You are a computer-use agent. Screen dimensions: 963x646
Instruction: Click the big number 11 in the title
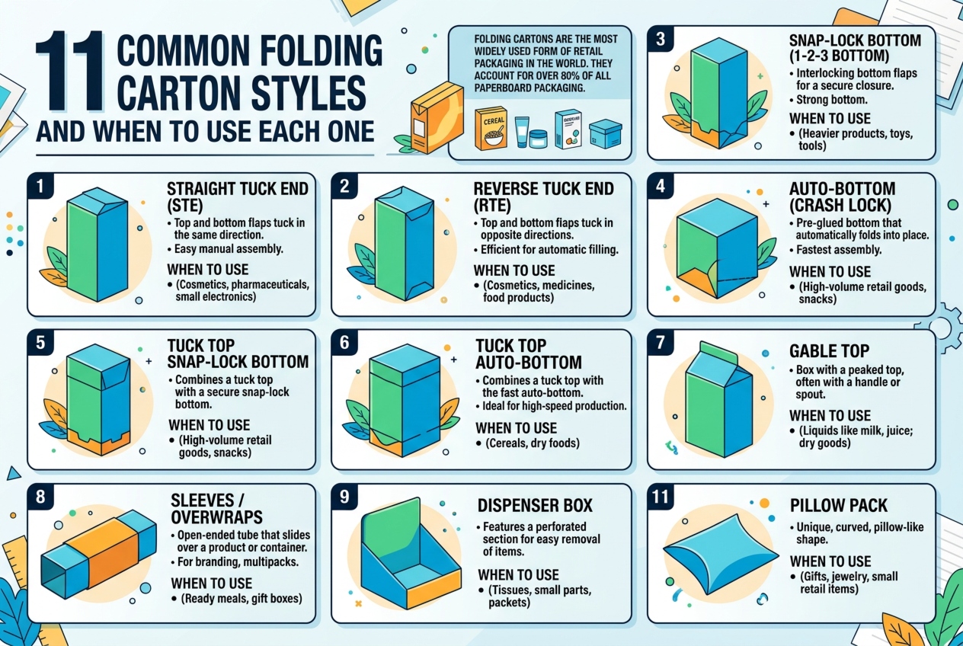(x=69, y=71)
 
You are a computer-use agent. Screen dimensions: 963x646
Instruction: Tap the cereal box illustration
(x=491, y=128)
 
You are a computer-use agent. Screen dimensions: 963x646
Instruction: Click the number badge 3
(x=661, y=39)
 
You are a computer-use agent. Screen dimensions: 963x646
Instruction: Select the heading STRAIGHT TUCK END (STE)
(x=237, y=197)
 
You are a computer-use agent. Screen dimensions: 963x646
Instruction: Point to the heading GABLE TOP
(x=830, y=351)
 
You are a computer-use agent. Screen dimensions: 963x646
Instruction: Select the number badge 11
(x=661, y=497)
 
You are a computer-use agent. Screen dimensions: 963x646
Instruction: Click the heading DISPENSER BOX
(x=535, y=506)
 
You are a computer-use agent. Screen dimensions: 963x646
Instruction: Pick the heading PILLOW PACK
(x=838, y=506)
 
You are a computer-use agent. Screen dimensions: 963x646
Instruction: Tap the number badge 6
(x=344, y=343)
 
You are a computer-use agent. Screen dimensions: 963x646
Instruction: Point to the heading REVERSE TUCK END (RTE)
(x=543, y=197)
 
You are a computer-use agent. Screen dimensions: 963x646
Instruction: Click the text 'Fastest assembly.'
(x=839, y=250)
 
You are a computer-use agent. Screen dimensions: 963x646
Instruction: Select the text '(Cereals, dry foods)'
(x=533, y=443)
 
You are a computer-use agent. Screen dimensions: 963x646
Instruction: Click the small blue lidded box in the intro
(x=606, y=133)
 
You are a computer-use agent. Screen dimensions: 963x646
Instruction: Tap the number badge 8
(x=40, y=497)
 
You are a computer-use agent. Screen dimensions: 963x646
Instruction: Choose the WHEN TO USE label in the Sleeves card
(x=212, y=584)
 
